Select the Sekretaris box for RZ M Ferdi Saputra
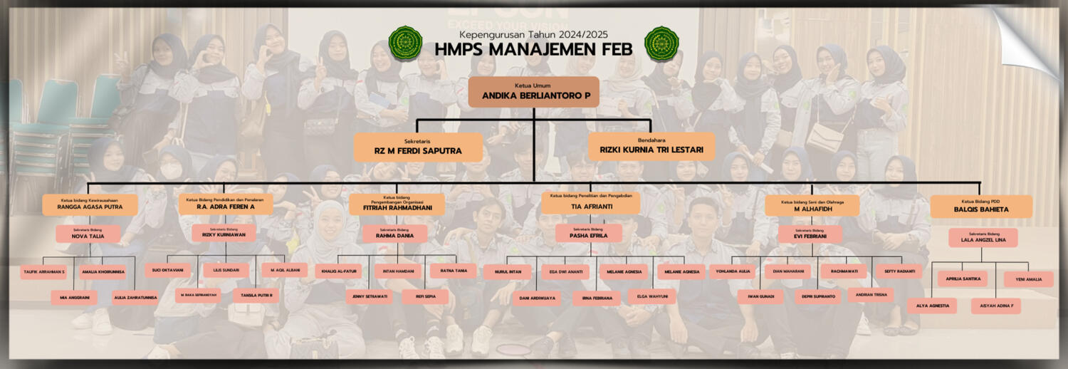(418, 147)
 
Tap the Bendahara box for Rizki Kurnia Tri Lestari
(651, 146)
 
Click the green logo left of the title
(405, 43)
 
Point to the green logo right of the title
(661, 43)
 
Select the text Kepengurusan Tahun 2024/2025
(533, 34)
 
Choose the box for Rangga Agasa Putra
(90, 204)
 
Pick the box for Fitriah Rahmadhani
(397, 204)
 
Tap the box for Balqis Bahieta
(980, 207)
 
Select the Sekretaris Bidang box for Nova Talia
(88, 234)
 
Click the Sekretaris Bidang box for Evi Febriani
(810, 234)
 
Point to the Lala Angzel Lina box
(983, 238)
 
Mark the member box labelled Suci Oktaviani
(167, 271)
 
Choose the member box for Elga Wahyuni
(651, 296)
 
